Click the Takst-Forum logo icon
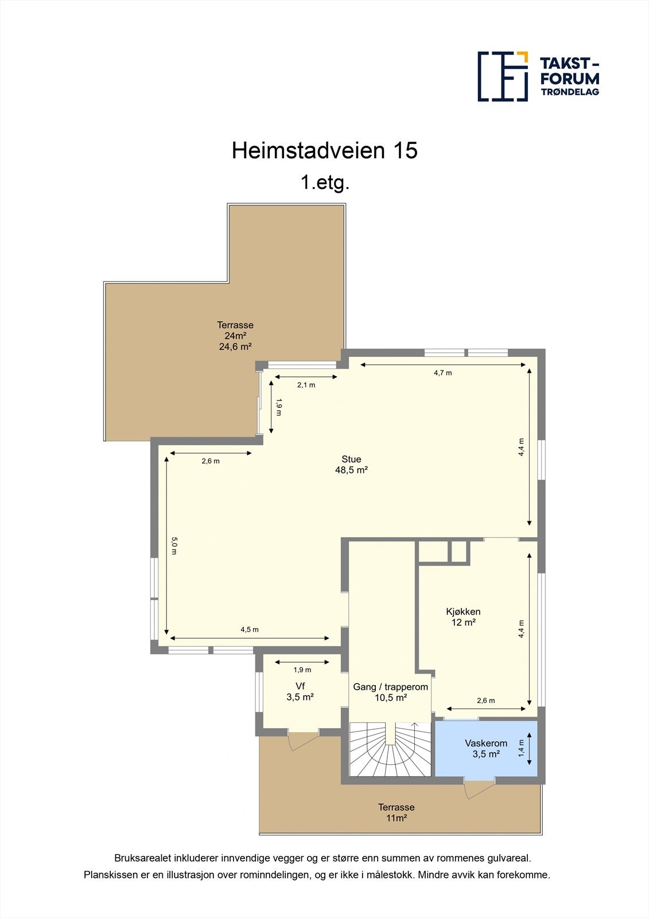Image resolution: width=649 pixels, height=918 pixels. click(503, 76)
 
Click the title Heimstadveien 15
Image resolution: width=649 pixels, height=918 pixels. click(324, 150)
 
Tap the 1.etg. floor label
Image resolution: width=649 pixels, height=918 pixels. click(325, 183)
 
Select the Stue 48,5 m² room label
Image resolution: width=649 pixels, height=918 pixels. click(351, 464)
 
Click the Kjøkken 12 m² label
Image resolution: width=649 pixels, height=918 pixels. click(463, 617)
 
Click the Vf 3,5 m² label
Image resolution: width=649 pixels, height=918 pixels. click(300, 691)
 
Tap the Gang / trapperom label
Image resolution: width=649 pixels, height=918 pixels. click(390, 692)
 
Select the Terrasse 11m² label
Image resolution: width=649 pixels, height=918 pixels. click(396, 812)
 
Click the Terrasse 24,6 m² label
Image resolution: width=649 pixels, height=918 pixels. click(235, 336)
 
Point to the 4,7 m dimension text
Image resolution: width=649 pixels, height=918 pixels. click(442, 373)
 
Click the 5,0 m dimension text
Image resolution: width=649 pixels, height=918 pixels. click(174, 545)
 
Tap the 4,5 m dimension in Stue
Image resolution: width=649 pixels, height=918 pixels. click(249, 629)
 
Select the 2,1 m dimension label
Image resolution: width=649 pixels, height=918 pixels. click(306, 385)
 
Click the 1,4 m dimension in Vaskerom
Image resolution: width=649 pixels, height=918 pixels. click(521, 748)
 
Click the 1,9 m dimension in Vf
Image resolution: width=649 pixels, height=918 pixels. click(302, 670)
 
